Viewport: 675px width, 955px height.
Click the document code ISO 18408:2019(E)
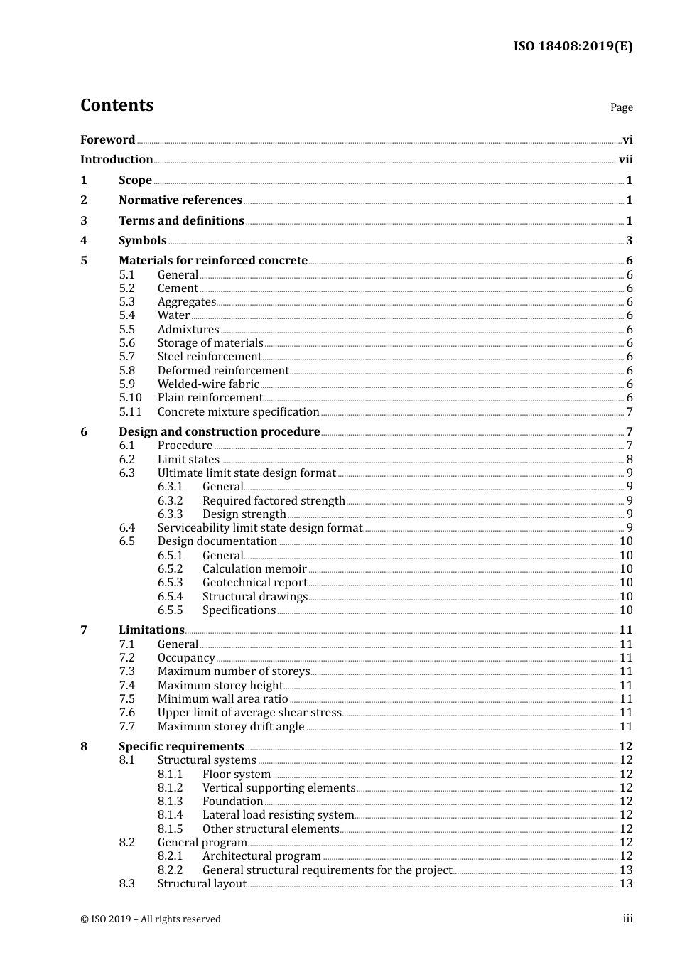click(x=573, y=46)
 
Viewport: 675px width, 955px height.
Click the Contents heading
click(x=117, y=105)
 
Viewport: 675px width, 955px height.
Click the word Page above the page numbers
click(x=621, y=107)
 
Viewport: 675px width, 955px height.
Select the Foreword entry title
click(x=107, y=140)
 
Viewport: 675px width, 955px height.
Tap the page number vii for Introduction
click(x=625, y=160)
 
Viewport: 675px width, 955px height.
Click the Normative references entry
click(x=180, y=200)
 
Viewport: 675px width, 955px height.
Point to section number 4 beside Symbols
click(x=84, y=241)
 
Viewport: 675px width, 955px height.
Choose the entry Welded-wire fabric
click(x=208, y=384)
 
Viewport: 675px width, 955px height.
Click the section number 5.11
click(x=130, y=412)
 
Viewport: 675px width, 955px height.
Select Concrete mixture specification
click(x=238, y=412)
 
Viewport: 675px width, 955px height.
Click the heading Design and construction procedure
click(x=219, y=432)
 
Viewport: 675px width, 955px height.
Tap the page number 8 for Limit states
click(x=630, y=460)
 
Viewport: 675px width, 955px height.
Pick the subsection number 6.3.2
click(x=170, y=501)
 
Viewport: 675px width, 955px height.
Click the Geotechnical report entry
click(x=254, y=583)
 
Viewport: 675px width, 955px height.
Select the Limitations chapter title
click(x=151, y=630)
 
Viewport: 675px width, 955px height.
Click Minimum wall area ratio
click(x=222, y=699)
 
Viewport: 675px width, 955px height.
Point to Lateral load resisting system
click(x=278, y=815)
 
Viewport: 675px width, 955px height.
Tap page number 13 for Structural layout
click(x=626, y=884)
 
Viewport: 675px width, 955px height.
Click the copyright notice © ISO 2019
click(x=151, y=919)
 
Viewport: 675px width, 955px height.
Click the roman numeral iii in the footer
click(x=627, y=919)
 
